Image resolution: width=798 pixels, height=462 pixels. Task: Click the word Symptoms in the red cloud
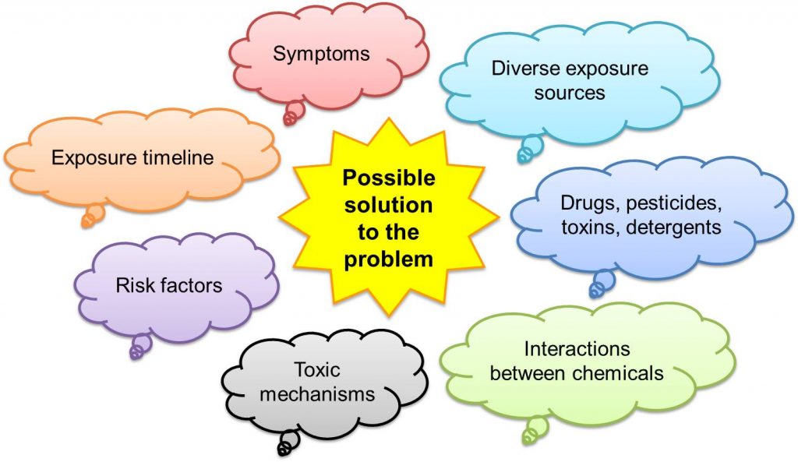tap(320, 54)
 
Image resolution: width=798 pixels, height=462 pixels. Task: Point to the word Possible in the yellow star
tap(388, 178)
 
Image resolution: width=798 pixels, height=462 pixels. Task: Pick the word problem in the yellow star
tap(388, 259)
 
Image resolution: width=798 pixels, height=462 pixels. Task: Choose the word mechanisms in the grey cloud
tap(317, 393)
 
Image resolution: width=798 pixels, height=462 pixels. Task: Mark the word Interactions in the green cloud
tap(577, 347)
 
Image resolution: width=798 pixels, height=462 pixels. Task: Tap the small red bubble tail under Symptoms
tap(294, 113)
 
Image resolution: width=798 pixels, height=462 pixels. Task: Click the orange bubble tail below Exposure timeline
tap(92, 216)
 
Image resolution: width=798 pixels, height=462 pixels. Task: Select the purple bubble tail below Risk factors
tap(139, 346)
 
